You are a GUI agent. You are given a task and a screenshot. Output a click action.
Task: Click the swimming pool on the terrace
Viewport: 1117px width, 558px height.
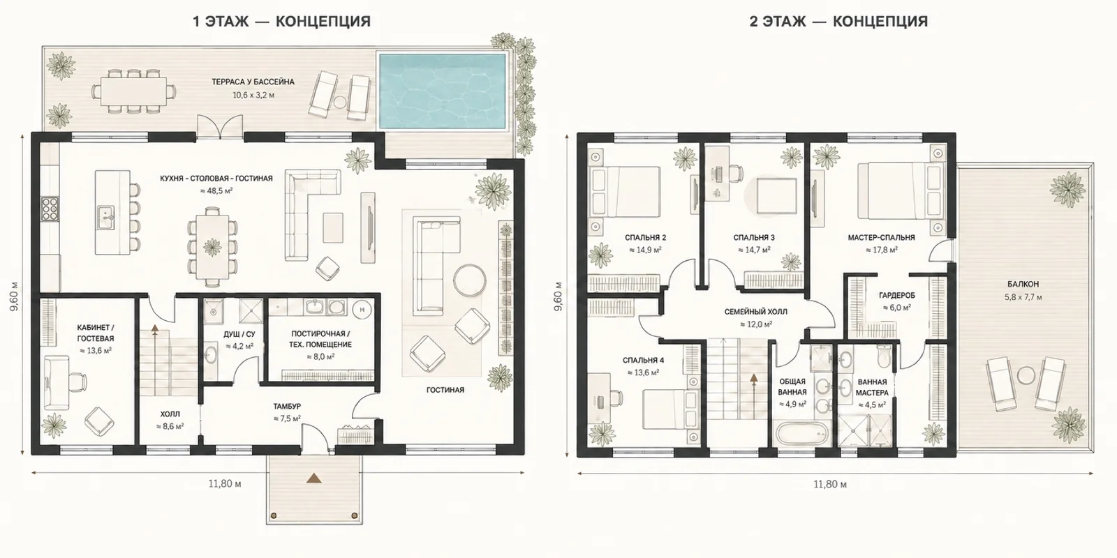(443, 91)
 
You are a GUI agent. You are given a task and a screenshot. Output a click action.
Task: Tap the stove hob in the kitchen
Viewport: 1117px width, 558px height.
(50, 209)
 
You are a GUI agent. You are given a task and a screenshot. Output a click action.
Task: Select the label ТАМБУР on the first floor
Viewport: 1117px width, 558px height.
(287, 407)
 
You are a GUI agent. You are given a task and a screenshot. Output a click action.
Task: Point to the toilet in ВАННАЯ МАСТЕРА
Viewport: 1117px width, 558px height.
(884, 355)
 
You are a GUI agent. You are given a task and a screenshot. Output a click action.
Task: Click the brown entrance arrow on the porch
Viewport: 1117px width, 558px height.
(313, 478)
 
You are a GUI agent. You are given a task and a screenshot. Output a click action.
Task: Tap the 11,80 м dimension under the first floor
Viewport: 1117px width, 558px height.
(225, 484)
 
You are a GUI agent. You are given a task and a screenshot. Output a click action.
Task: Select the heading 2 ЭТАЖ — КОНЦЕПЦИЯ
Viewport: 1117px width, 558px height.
(838, 22)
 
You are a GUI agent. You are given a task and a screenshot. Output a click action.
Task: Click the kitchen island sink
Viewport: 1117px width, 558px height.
(105, 218)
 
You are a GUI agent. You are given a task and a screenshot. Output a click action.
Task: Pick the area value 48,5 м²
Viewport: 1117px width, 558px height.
(216, 191)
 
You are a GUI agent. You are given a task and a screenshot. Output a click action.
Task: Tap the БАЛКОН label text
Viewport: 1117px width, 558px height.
(1023, 285)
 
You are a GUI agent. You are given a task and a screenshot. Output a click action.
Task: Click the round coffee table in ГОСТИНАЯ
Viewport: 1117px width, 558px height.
(469, 280)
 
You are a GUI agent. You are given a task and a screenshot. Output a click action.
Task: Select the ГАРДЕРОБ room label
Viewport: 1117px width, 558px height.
(897, 296)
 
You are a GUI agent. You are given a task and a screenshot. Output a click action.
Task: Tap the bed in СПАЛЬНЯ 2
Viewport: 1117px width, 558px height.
(624, 192)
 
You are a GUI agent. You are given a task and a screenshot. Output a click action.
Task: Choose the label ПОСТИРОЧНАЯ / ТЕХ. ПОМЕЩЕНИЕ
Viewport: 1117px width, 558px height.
(320, 339)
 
